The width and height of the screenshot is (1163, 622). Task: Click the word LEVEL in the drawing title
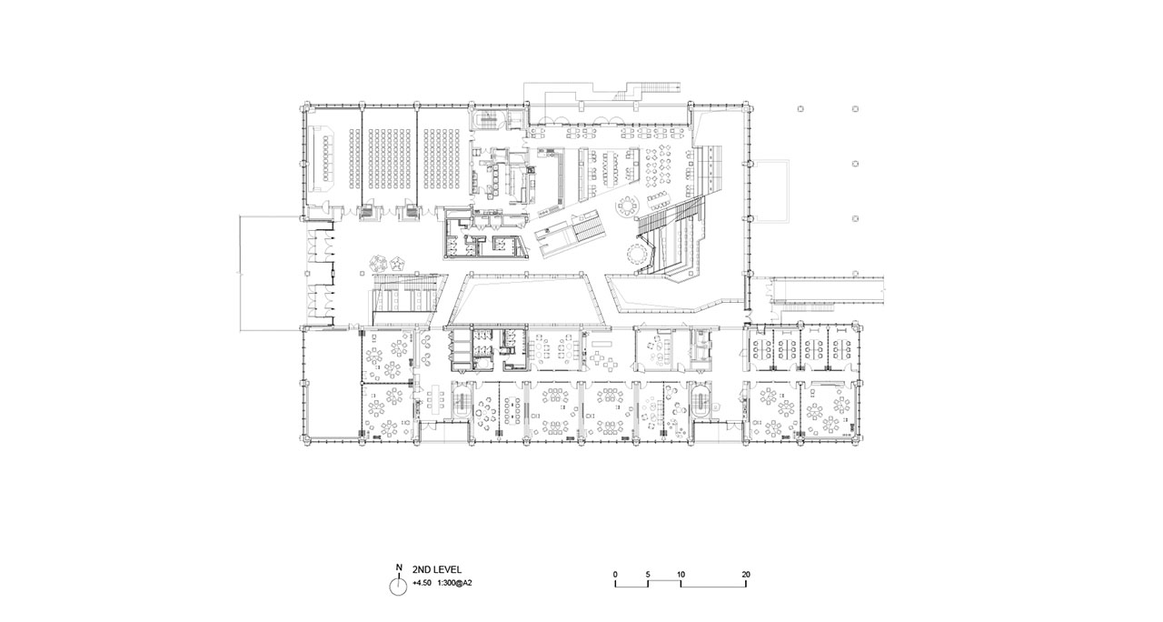click(x=447, y=570)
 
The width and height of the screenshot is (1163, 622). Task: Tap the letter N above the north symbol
click(x=399, y=567)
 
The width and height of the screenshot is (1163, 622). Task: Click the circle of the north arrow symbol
click(x=398, y=587)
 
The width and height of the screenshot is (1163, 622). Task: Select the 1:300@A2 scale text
click(x=455, y=583)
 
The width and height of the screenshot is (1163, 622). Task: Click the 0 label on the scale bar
click(x=615, y=575)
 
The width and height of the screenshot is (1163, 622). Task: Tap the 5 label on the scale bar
click(x=648, y=575)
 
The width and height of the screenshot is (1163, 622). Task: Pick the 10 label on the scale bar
click(x=681, y=575)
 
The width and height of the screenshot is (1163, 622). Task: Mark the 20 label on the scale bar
click(x=746, y=575)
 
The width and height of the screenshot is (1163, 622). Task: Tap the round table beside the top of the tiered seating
click(x=628, y=206)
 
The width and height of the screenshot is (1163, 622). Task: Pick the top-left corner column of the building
click(x=304, y=108)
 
